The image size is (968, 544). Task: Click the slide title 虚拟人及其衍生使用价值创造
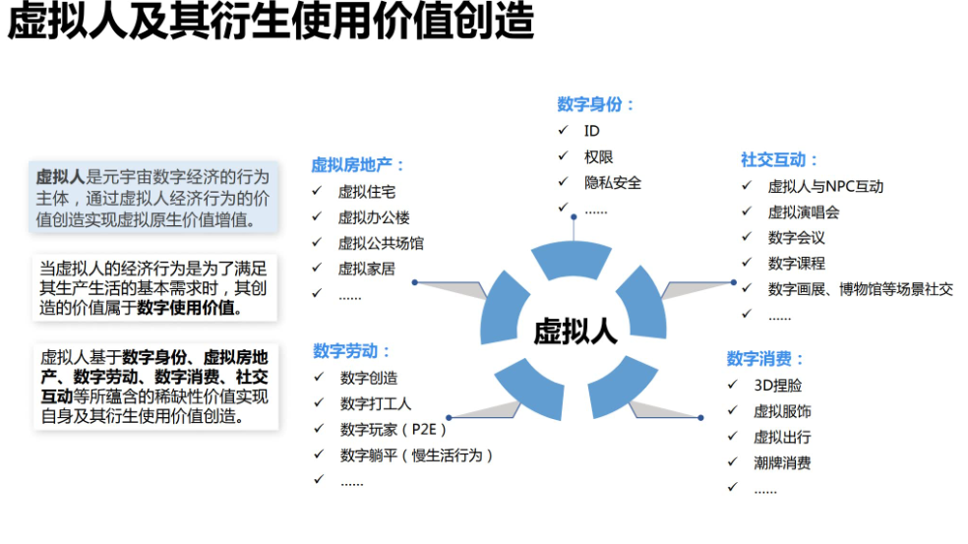(x=271, y=23)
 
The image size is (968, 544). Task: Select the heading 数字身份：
(x=596, y=104)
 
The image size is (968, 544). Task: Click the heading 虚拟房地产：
(x=358, y=165)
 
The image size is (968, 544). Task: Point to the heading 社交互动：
(x=780, y=159)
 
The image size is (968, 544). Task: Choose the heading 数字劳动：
(x=352, y=351)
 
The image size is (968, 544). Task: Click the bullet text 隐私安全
(x=612, y=182)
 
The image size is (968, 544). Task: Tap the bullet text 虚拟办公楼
(x=374, y=217)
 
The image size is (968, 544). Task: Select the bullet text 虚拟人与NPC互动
(x=825, y=186)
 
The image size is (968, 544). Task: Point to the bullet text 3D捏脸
(x=777, y=386)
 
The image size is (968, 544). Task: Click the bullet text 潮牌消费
(x=782, y=462)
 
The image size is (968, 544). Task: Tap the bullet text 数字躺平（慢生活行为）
(x=416, y=454)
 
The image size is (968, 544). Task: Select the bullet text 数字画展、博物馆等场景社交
(x=860, y=289)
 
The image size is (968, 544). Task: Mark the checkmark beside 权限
(x=563, y=156)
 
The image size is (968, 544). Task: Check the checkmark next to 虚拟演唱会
(x=748, y=212)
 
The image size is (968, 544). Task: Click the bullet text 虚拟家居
(x=366, y=269)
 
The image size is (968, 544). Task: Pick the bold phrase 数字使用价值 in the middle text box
(x=187, y=307)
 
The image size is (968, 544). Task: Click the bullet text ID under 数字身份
(x=591, y=131)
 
